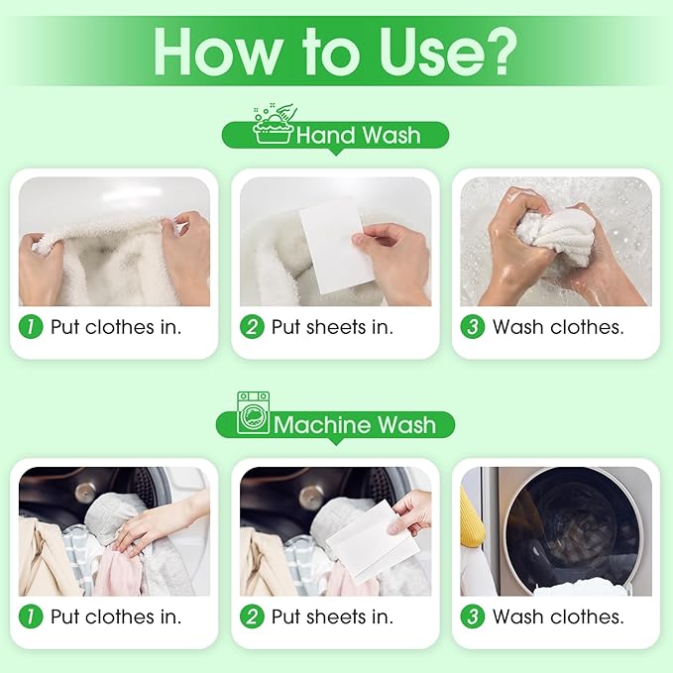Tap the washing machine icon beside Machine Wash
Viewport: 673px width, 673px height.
[x=253, y=413]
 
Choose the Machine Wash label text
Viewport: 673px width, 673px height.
[x=354, y=425]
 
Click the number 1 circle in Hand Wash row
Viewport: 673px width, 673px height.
[x=34, y=327]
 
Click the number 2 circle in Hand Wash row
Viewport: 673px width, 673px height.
[x=255, y=327]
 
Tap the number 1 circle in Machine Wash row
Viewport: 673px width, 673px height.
[x=34, y=617]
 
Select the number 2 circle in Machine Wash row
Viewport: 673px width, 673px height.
[x=255, y=617]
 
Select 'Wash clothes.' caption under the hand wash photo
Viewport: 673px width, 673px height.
[x=558, y=327]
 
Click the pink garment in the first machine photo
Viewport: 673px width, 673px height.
[x=116, y=576]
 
